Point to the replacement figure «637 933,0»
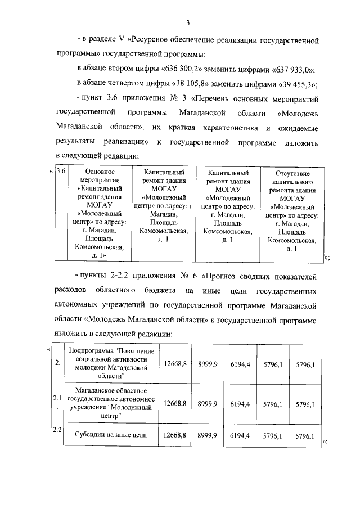point(291,70)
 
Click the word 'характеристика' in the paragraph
point(217,128)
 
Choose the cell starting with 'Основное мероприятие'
point(99,213)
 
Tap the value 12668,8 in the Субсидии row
point(174,435)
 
